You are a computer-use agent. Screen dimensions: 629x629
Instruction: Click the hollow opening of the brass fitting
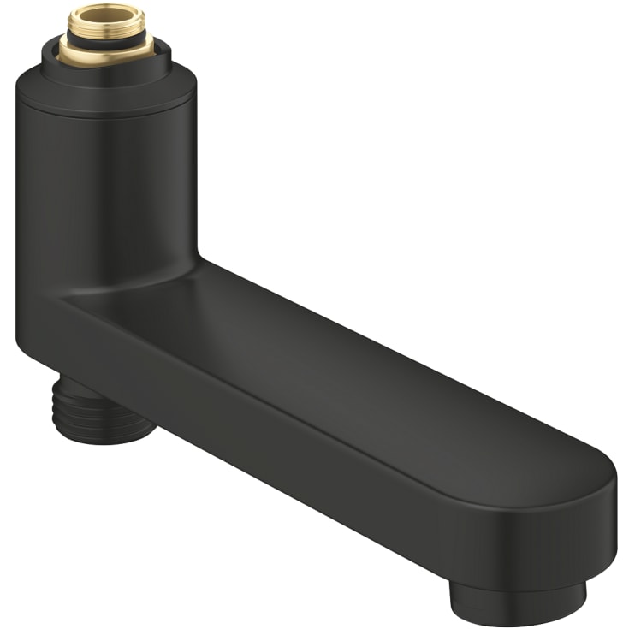coord(107,12)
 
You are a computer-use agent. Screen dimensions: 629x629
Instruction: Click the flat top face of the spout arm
coord(342,359)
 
